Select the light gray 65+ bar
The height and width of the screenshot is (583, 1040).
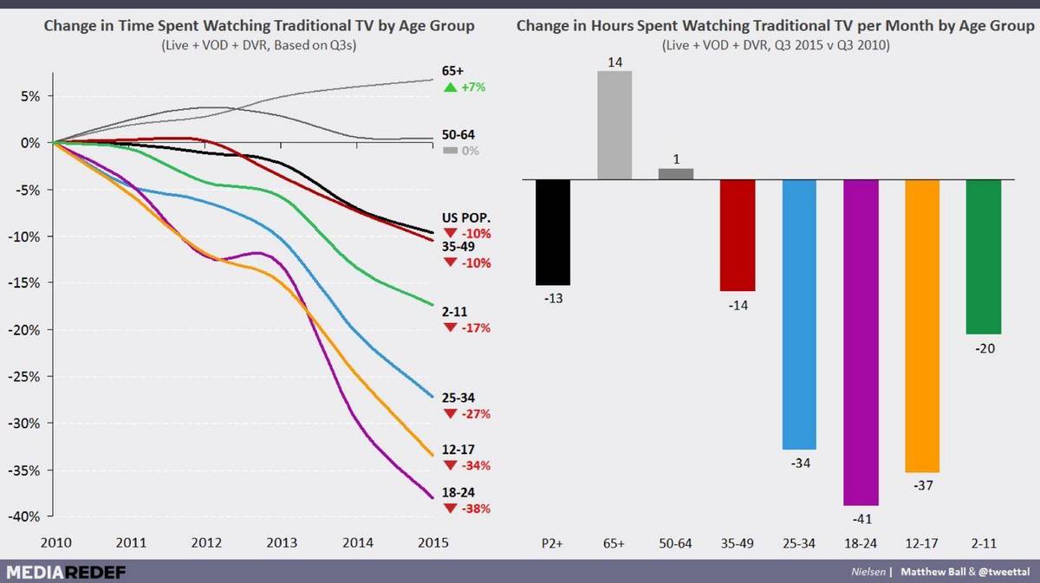click(x=614, y=126)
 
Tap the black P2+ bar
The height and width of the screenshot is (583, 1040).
click(x=553, y=232)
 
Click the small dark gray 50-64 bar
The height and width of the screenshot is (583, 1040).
click(x=676, y=174)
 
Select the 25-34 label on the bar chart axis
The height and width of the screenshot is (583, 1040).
click(x=799, y=543)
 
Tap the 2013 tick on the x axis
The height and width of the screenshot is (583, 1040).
click(x=281, y=543)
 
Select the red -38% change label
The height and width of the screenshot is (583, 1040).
click(x=478, y=509)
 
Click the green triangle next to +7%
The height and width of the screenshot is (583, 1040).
click(x=449, y=87)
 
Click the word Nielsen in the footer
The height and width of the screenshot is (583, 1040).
click(x=869, y=572)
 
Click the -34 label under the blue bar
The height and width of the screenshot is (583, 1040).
click(x=799, y=463)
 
